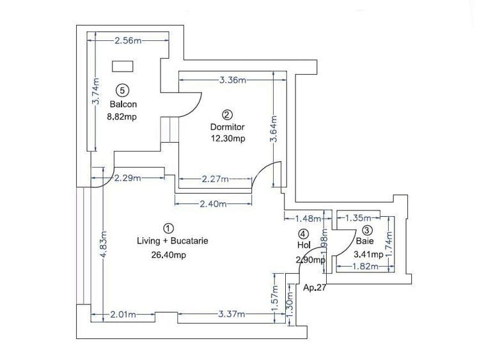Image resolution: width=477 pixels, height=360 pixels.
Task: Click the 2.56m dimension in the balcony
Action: [127, 41]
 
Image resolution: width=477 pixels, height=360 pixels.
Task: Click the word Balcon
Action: [123, 104]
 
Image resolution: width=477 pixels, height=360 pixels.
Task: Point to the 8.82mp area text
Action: [123, 117]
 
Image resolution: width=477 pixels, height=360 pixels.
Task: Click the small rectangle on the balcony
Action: [122, 65]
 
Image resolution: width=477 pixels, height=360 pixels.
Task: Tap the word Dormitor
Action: [227, 127]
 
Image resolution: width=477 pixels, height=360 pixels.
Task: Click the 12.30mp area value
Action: [228, 138]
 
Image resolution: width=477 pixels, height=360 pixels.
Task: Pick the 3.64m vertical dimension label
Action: [274, 130]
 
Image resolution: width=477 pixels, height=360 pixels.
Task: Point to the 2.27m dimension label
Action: [214, 180]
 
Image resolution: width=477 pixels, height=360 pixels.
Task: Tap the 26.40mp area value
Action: [168, 254]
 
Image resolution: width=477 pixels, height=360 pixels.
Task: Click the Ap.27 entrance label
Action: [315, 287]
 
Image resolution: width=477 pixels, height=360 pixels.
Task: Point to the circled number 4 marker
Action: [304, 233]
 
